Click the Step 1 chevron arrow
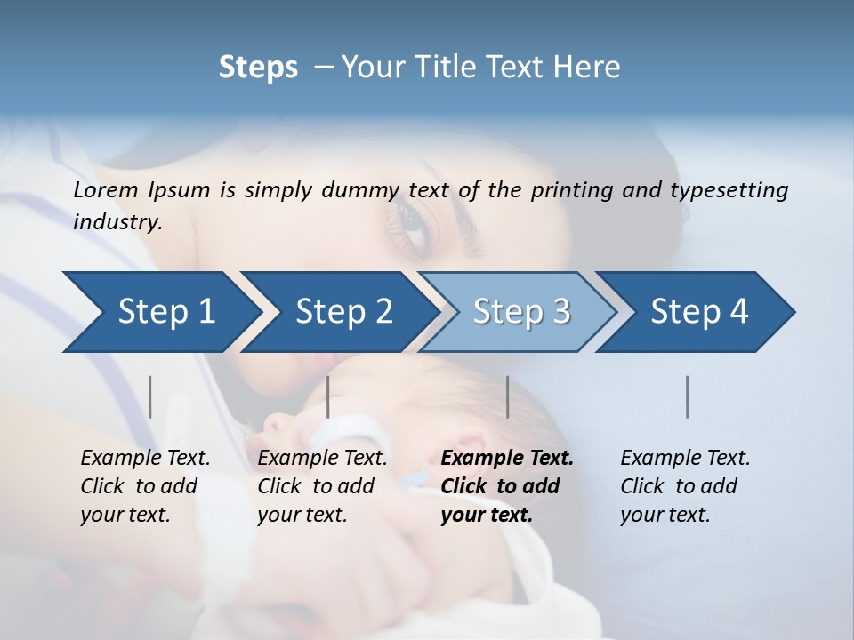tap(160, 312)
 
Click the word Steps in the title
tap(258, 67)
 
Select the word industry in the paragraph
tap(117, 222)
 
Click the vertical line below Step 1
tap(150, 396)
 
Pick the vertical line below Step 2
tap(328, 396)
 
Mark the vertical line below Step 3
tap(507, 396)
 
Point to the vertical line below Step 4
tap(688, 396)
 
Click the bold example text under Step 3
tap(505, 486)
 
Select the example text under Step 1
tap(144, 486)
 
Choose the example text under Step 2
tap(321, 486)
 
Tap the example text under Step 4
tap(684, 486)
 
